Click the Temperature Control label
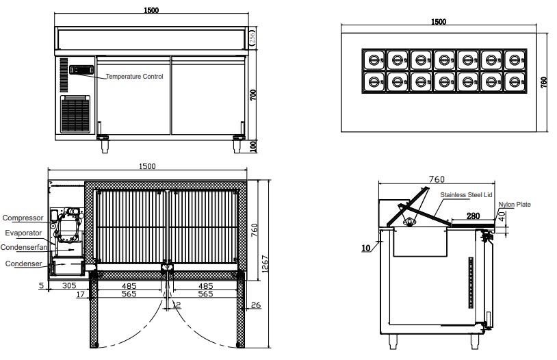pos(134,77)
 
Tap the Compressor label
pos(23,218)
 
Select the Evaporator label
pos(23,233)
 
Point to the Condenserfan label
pos(24,247)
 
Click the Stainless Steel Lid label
pos(466,195)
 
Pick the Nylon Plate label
pos(515,205)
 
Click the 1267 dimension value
pos(265,264)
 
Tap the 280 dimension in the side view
pos(473,216)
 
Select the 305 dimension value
pos(69,285)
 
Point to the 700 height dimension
pos(253,95)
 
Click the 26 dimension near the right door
pos(256,305)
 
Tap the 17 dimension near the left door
pos(81,294)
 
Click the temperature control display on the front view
pos(81,70)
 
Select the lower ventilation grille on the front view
pos(75,114)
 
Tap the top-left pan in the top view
pos(374,60)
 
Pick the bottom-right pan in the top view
pos(515,81)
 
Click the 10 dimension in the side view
pos(366,248)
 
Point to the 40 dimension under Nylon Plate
pos(502,216)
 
